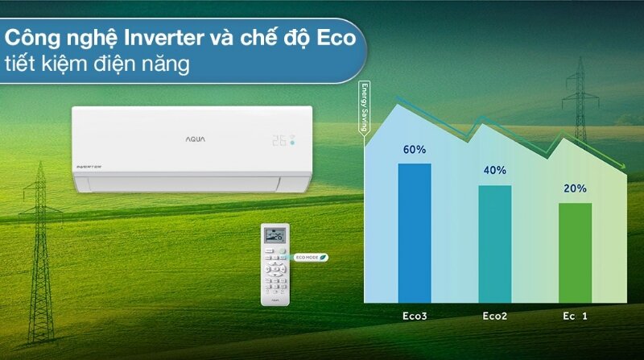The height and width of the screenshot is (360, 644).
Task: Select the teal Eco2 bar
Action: (494, 242)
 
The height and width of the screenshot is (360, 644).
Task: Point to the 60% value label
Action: (415, 150)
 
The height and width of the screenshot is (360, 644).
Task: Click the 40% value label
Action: (494, 170)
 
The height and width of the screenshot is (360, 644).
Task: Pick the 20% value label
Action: (575, 188)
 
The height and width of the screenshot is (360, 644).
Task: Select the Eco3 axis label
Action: (415, 317)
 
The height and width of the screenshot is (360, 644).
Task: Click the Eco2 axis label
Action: (494, 317)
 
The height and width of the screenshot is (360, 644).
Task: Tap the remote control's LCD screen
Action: (275, 236)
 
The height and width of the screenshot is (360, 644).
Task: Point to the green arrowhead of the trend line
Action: (623, 167)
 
